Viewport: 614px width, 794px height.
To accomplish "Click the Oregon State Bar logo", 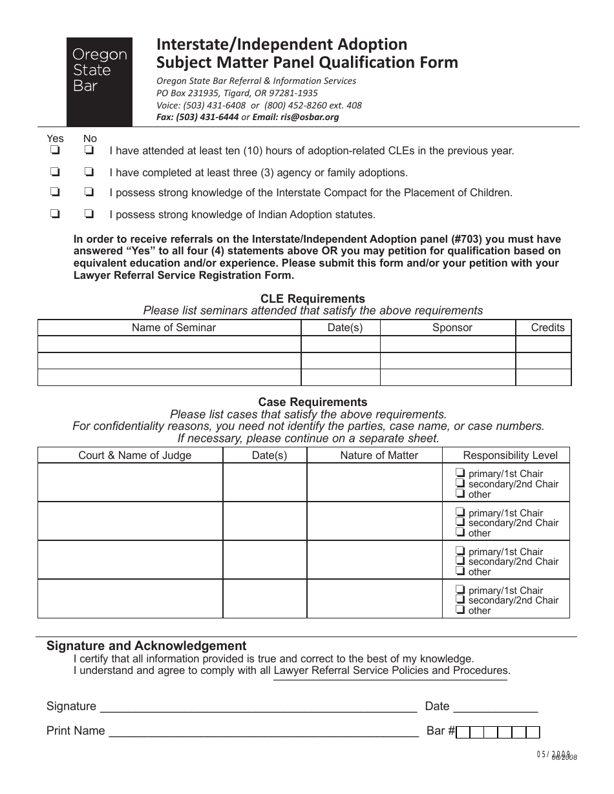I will pos(100,81).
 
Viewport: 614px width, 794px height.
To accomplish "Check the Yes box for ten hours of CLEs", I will pos(55,151).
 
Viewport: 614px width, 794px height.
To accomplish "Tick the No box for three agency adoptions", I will pos(89,172).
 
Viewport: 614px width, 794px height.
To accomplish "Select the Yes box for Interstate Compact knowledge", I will pos(55,192).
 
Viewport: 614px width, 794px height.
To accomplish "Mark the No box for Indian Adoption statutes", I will pos(89,214).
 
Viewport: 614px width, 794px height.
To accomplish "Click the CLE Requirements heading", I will pos(312,299).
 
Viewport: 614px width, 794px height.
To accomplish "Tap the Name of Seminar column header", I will pos(173,327).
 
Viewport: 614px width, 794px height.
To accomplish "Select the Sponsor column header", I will pos(452,327).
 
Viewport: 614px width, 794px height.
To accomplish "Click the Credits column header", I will pos(547,327).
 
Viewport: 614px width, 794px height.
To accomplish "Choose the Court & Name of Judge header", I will pos(134,455).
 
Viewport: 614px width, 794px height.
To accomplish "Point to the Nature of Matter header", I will pos(379,455).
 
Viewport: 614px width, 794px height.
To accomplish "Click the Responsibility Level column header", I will pos(510,455).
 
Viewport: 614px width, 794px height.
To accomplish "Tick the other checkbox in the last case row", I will pos(460,609).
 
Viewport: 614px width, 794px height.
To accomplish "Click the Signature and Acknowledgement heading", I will pos(146,646).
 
